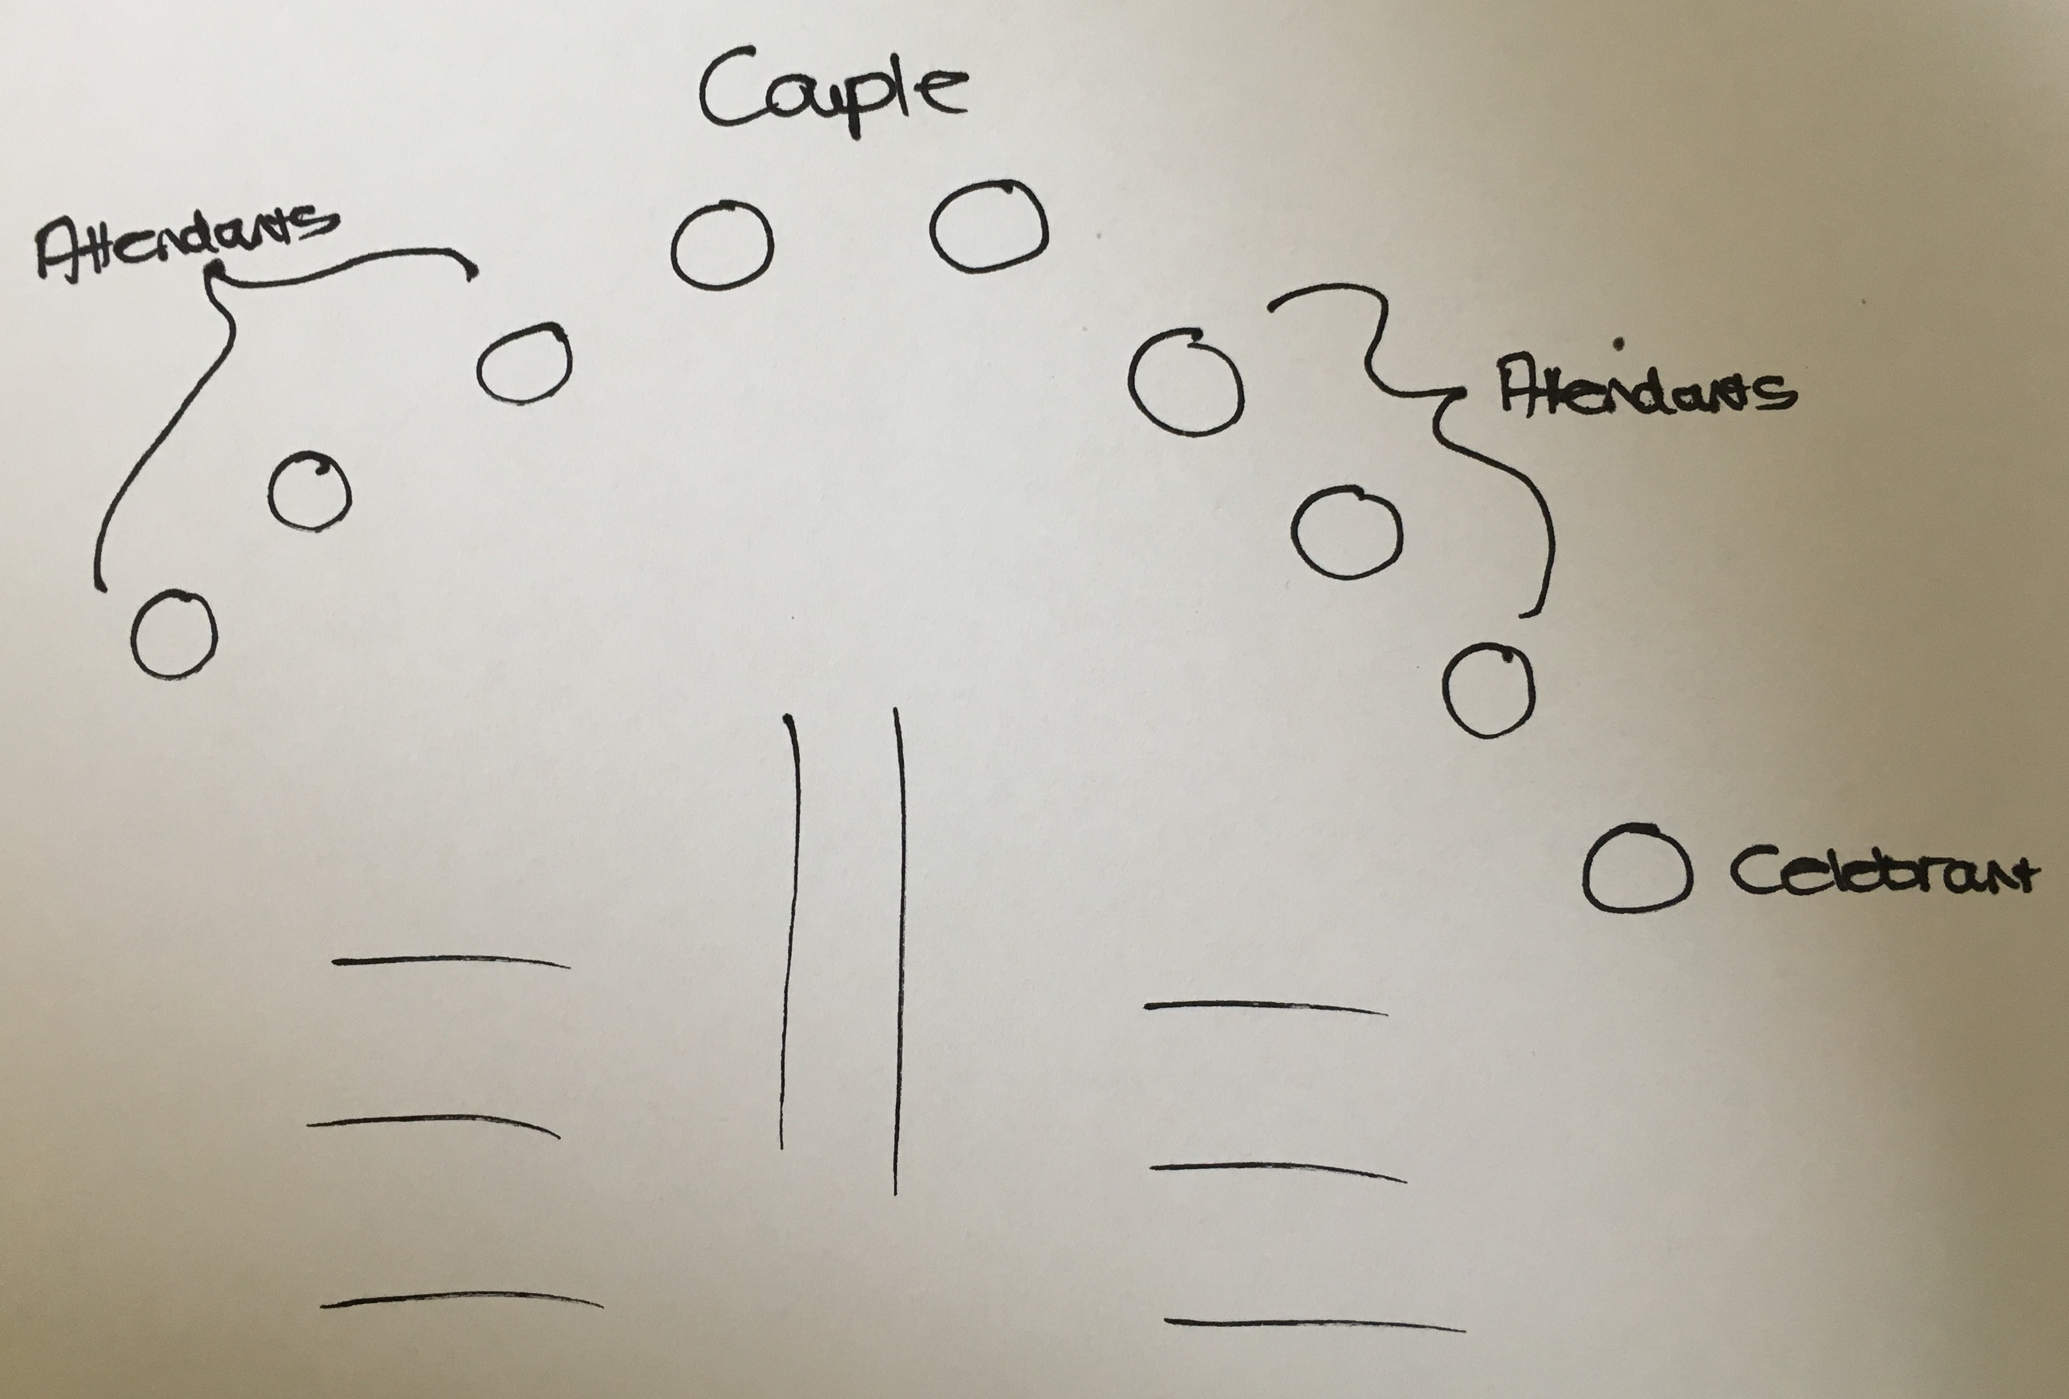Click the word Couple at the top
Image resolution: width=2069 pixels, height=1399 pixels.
click(x=832, y=93)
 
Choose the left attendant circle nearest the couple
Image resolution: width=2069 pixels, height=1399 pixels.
click(x=479, y=365)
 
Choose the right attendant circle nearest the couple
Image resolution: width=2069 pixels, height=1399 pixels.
click(x=1132, y=383)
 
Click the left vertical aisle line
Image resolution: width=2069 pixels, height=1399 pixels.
click(x=788, y=931)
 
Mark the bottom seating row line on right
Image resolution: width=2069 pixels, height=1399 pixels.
click(x=1314, y=1324)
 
